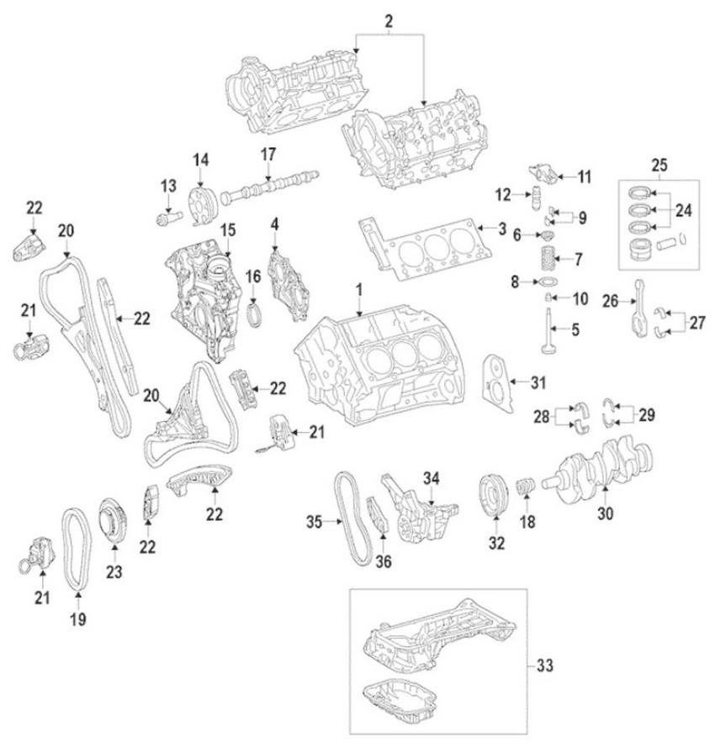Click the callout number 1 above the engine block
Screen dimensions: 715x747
(x=359, y=290)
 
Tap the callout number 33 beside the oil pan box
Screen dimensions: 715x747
(x=545, y=665)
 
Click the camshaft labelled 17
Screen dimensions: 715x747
(x=269, y=187)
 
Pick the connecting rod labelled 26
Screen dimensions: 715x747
(x=640, y=308)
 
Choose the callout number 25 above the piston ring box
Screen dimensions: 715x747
(x=659, y=166)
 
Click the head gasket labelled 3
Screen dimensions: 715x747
(x=426, y=249)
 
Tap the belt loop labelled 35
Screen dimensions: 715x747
(x=353, y=518)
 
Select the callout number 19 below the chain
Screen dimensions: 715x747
(x=78, y=619)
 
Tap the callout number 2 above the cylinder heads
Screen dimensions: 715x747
(x=389, y=22)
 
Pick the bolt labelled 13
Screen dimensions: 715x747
(x=170, y=218)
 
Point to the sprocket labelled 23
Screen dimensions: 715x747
(x=113, y=520)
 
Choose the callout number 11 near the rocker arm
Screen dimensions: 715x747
(x=585, y=176)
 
